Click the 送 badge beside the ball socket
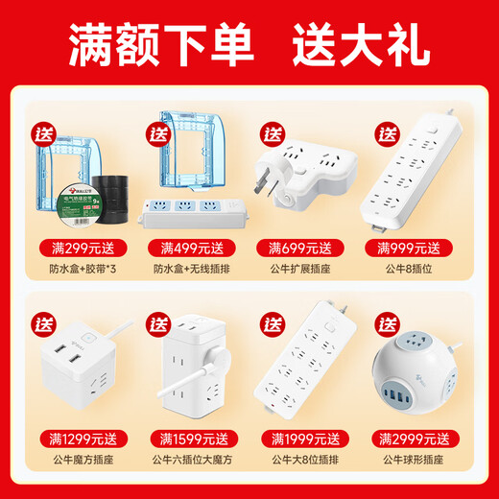(x=387, y=321)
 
